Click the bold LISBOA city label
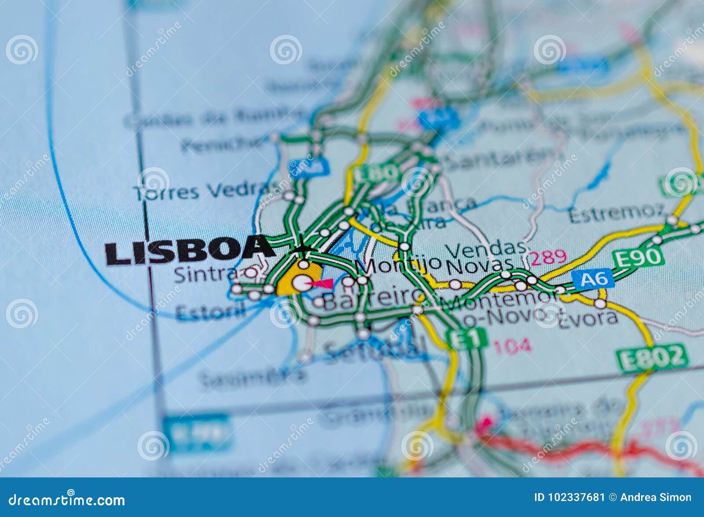coord(189,251)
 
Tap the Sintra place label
coord(206,275)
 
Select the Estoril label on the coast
coord(210,312)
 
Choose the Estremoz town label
coord(616,213)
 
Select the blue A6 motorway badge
coord(593,279)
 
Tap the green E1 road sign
coord(466,339)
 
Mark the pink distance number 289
coord(548,257)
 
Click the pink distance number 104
coord(512,347)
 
